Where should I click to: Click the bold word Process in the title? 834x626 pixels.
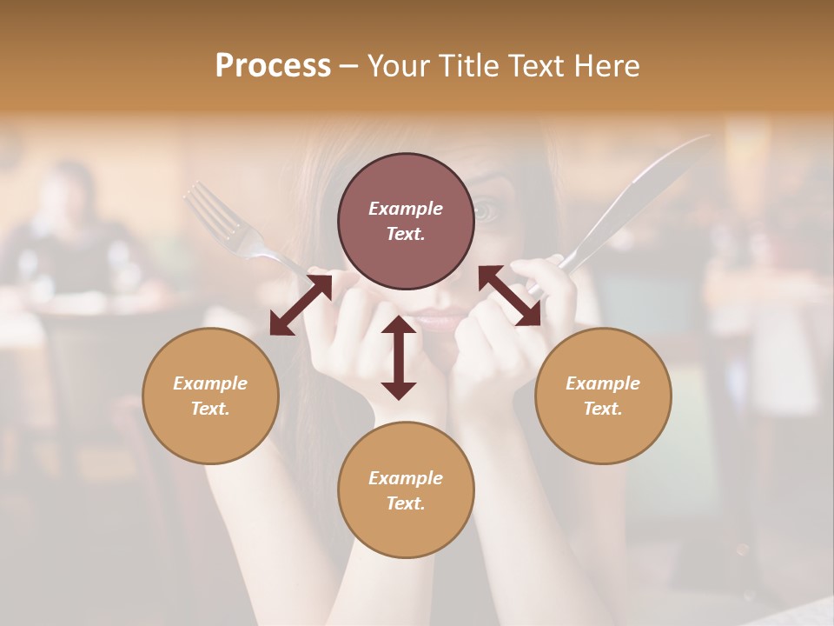pyautogui.click(x=273, y=65)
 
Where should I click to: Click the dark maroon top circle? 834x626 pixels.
pyautogui.click(x=406, y=222)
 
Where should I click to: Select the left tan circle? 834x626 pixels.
pyautogui.click(x=210, y=396)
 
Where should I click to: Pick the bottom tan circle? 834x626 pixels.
pyautogui.click(x=406, y=490)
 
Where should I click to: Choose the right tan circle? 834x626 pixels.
pyautogui.click(x=603, y=396)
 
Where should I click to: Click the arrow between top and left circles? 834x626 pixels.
pyautogui.click(x=301, y=305)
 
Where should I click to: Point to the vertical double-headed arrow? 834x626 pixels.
pyautogui.click(x=398, y=357)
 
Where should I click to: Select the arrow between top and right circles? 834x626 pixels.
pyautogui.click(x=509, y=296)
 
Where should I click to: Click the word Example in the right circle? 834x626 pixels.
pyautogui.click(x=603, y=383)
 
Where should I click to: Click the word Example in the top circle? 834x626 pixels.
pyautogui.click(x=406, y=209)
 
